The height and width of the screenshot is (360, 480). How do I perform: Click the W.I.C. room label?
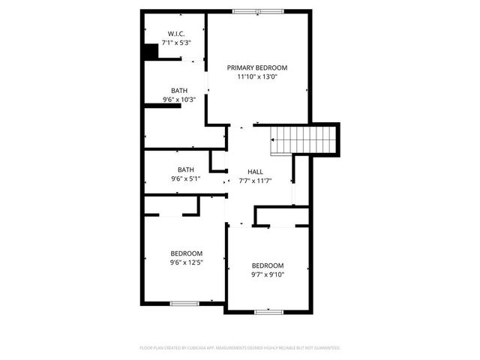[x=176, y=34]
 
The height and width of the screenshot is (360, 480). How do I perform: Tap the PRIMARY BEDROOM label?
[x=257, y=67]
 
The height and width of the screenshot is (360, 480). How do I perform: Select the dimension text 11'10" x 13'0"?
[x=257, y=76]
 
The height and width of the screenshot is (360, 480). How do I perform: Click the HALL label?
[x=255, y=172]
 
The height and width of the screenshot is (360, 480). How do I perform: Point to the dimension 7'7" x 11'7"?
[x=255, y=181]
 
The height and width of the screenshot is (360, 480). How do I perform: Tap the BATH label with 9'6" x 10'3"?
[x=179, y=91]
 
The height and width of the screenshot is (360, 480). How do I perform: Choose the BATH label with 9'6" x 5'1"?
[x=186, y=169]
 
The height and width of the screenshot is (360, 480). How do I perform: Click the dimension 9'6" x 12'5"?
[x=186, y=262]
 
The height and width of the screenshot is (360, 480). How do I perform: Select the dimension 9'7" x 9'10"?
[x=268, y=274]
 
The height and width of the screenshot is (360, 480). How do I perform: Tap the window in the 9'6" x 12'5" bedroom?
[x=184, y=303]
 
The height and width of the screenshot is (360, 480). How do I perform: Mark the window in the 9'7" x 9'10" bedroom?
[x=268, y=310]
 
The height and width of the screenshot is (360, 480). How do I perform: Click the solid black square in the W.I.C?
[x=151, y=52]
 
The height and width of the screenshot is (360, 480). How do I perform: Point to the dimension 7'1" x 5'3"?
[x=176, y=43]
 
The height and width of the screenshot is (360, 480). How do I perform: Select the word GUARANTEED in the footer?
[x=325, y=348]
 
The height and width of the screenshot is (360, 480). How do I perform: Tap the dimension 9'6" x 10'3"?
[x=179, y=100]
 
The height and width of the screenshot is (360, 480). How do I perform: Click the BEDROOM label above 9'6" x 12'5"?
[x=186, y=253]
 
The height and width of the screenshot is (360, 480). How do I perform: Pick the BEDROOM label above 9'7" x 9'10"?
[x=268, y=265]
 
